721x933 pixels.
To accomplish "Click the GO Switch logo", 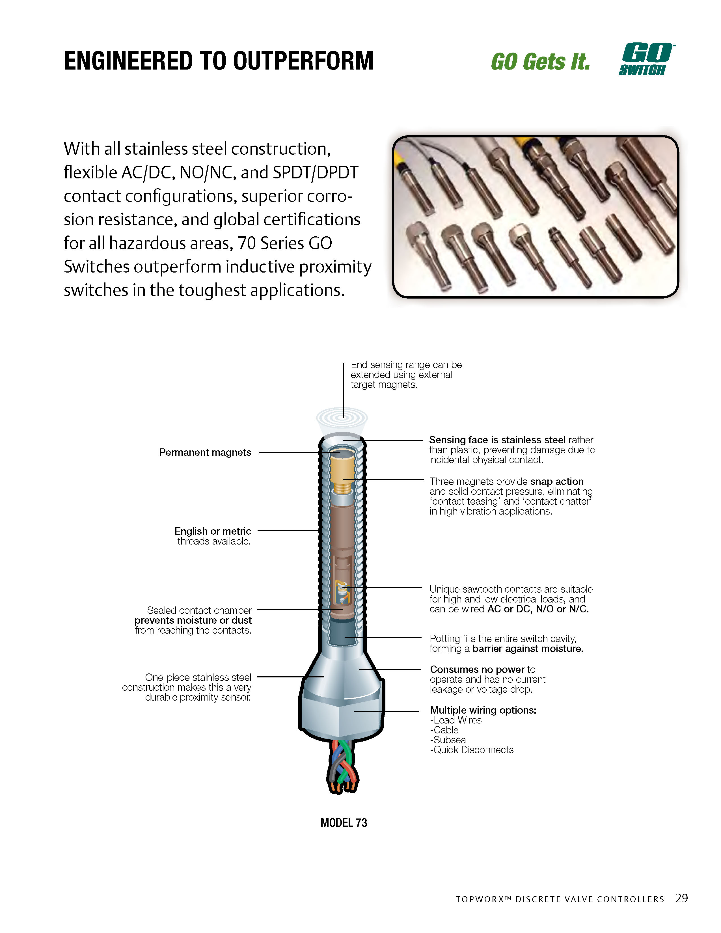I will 646,59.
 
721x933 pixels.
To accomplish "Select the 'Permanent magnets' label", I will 205,452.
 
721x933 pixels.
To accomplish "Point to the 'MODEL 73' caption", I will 344,823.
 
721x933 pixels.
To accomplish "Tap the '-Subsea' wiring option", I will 448,740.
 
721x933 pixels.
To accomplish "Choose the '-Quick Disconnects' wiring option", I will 472,750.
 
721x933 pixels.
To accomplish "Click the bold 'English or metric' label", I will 213,531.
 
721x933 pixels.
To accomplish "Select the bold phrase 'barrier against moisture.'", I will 528,649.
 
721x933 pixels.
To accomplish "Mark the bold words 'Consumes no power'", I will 477,669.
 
